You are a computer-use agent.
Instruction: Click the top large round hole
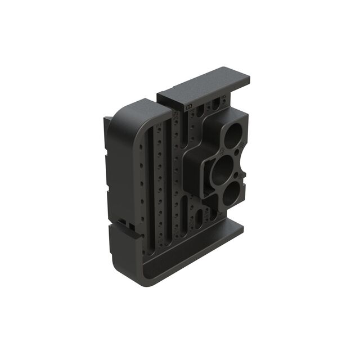(x=231, y=136)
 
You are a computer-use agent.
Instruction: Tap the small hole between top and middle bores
(x=238, y=152)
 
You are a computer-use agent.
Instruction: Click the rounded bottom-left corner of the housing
(x=121, y=264)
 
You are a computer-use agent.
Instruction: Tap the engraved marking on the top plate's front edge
(x=188, y=105)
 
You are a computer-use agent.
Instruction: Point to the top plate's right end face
(x=245, y=81)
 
